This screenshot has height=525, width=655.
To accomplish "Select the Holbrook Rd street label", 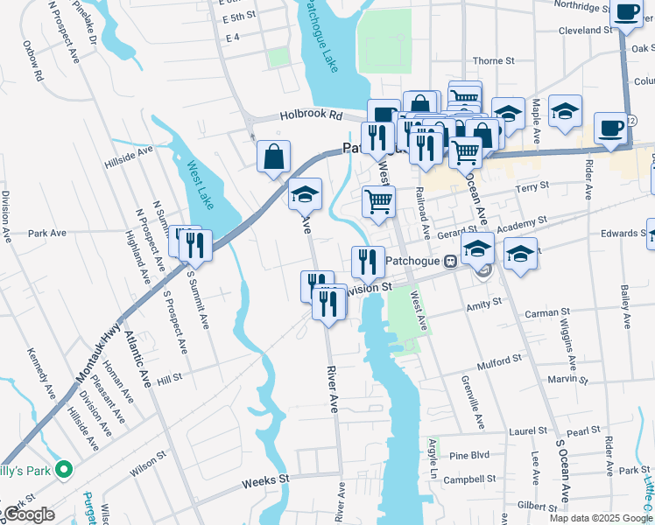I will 311,115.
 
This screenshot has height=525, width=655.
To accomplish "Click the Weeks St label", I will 265,480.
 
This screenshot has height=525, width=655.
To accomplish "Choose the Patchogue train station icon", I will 450,261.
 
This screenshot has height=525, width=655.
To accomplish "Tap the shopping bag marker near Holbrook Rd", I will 274,158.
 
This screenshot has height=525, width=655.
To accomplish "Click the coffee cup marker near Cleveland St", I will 626,12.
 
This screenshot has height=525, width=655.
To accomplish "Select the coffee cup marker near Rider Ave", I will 610,128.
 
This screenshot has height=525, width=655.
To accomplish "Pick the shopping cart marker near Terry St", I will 378,201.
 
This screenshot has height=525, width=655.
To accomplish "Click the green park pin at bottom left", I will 63,471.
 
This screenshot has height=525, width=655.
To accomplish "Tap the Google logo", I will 28,514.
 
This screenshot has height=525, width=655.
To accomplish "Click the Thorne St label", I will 493,61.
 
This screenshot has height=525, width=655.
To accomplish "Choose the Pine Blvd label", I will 468,456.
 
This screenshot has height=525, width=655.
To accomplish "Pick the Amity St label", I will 484,302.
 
